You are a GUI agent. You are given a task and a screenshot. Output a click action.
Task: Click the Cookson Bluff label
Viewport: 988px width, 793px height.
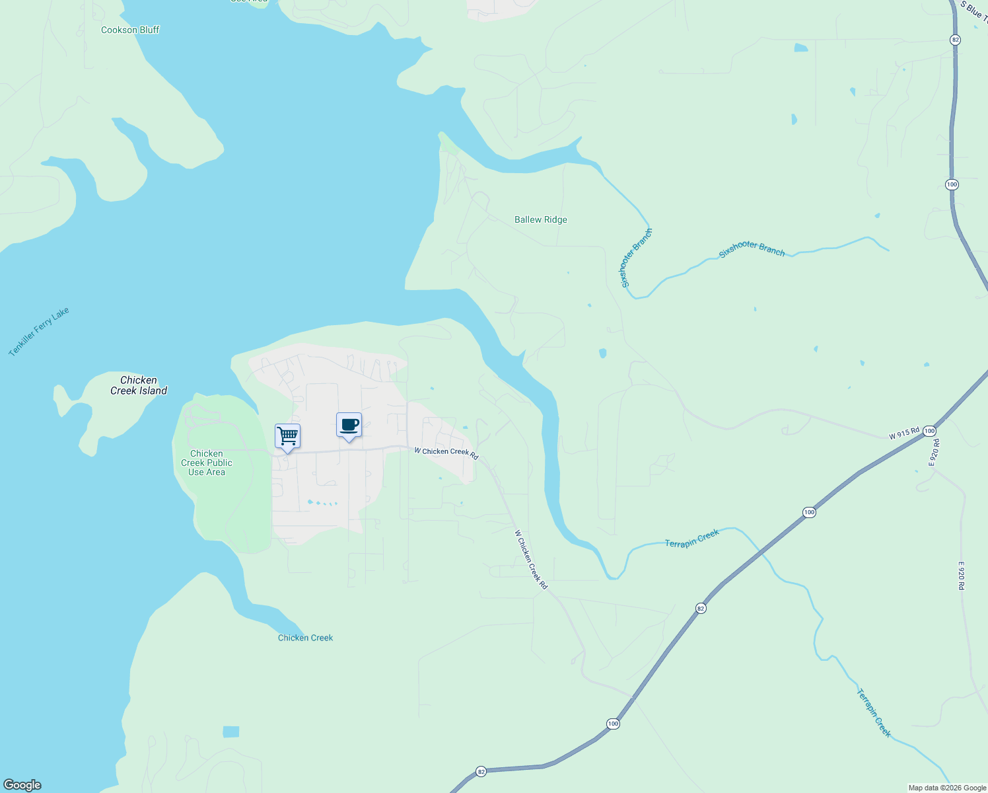(130, 30)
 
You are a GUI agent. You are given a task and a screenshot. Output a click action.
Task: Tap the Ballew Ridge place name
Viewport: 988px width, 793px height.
(540, 219)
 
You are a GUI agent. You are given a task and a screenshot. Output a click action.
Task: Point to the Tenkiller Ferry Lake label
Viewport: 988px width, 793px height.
(39, 332)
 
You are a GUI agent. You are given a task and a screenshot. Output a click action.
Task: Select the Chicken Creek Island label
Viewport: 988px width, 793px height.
(139, 385)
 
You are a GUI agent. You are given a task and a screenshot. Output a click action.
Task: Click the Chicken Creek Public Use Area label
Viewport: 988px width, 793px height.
(207, 463)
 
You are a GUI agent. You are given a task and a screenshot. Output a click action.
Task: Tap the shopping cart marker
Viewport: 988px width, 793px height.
(287, 437)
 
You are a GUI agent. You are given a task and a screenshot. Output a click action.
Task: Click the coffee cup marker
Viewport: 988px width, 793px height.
(349, 426)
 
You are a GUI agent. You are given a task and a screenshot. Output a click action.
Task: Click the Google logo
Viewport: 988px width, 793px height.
(22, 785)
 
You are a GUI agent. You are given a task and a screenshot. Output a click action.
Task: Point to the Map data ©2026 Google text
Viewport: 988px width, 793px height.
(947, 788)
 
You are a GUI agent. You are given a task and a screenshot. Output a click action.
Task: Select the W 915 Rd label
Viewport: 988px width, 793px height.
(904, 434)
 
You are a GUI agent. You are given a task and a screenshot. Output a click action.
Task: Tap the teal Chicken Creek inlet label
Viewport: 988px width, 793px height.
(305, 638)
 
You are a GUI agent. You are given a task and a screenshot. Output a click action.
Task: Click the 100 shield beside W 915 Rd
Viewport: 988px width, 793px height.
(929, 431)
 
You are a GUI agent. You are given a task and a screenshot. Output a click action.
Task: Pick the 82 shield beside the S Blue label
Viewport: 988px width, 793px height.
(955, 40)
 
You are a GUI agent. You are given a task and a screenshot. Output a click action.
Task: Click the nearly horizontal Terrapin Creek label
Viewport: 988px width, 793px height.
(691, 539)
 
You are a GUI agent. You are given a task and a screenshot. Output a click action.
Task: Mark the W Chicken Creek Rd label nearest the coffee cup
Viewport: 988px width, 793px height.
(446, 452)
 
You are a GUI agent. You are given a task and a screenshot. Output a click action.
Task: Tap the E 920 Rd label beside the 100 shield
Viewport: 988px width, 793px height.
(935, 453)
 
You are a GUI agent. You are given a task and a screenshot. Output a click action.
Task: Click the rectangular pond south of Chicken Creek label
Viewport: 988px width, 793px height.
(231, 732)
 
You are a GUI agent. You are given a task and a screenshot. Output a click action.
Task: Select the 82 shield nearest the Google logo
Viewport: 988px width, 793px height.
(481, 771)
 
